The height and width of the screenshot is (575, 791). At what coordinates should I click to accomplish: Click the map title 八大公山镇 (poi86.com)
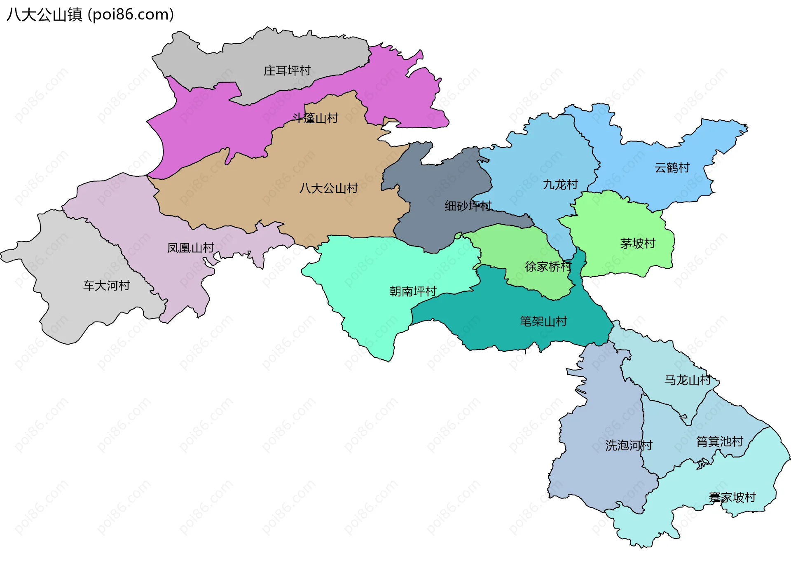pos(90,14)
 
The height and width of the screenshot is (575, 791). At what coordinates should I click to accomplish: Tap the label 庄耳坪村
pos(287,70)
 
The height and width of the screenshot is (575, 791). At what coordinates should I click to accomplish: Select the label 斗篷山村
pos(315,118)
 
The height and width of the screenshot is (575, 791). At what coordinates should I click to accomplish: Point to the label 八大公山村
pos(328,188)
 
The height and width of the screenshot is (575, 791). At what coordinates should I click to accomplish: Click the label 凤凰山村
pos(190,248)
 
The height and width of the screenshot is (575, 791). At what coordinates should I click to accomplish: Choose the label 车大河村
pos(106,285)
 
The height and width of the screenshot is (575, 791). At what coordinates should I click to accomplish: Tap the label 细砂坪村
pos(468,206)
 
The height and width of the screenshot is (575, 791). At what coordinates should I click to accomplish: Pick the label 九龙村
pos(560,184)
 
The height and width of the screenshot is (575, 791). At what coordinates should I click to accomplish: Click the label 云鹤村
pos(672,168)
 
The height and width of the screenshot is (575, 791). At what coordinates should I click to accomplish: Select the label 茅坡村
pos(637,243)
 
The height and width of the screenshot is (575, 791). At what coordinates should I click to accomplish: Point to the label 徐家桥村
pos(548,267)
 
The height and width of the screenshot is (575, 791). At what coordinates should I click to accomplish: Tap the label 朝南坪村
pos(413,291)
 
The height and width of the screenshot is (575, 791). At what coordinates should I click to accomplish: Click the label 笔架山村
pos(543,321)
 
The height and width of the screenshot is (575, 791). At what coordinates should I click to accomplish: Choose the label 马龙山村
pos(687,380)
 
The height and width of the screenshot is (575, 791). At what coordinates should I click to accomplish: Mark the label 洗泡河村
pos(628,445)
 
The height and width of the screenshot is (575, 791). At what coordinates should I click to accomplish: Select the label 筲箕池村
pos(719,441)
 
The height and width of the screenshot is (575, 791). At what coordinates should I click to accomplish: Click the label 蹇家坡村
pos(732,497)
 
